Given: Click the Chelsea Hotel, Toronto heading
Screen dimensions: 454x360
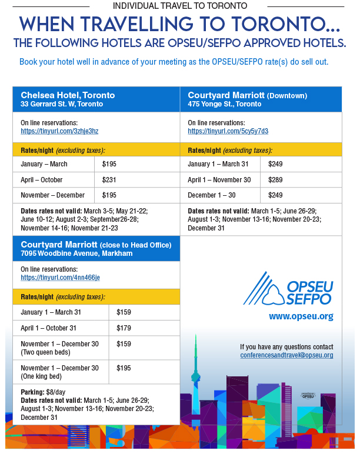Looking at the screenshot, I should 68,95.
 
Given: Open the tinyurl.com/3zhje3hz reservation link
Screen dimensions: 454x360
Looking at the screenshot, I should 59,131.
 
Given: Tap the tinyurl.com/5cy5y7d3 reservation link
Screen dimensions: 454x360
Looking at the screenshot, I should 228,131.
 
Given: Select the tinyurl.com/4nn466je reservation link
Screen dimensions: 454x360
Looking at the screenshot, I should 60,278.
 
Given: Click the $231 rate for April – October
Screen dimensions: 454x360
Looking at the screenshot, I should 110,180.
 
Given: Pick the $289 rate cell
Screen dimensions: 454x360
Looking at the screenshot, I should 276,180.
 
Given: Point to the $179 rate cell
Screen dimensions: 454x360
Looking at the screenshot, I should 124,328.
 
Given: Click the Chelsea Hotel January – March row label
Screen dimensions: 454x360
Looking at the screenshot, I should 44,164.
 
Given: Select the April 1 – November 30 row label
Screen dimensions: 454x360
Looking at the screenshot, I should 219,180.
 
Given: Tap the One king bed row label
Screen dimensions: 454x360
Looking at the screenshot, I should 54,372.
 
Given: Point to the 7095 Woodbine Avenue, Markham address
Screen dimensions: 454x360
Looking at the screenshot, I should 76,253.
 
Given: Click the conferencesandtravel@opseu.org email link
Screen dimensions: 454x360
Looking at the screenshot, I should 286,355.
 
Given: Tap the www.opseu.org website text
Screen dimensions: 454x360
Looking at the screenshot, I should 301,316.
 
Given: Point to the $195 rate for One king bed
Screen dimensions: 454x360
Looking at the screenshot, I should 124,368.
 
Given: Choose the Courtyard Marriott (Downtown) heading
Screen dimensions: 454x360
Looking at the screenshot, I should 247,95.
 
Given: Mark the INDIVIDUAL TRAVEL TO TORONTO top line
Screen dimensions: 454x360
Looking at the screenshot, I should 180,5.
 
